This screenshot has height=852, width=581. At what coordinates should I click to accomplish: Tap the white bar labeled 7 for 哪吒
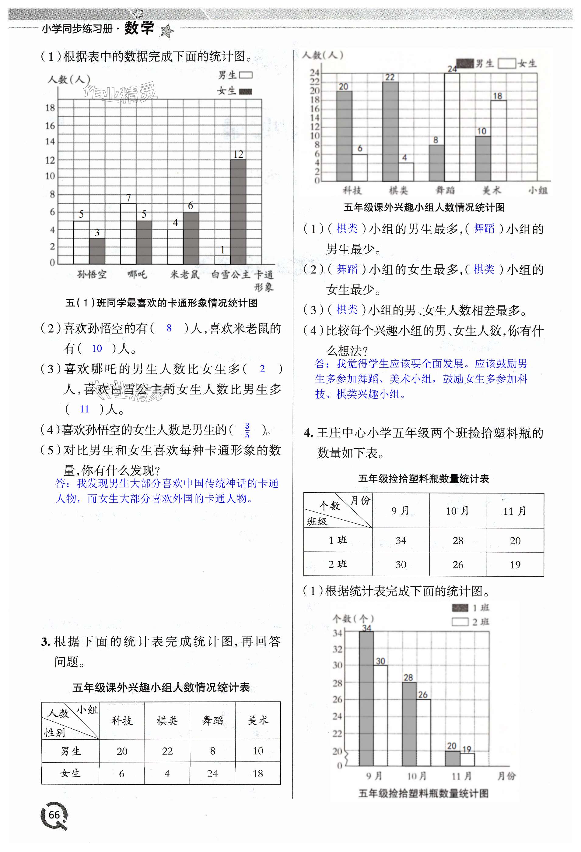pyautogui.click(x=128, y=234)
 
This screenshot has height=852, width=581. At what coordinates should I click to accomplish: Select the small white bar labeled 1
pyautogui.click(x=222, y=260)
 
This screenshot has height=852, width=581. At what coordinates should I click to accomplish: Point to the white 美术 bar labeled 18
pyautogui.click(x=499, y=140)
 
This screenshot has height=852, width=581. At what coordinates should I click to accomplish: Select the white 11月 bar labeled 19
pyautogui.click(x=467, y=759)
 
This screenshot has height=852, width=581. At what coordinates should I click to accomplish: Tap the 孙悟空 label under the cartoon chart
pyautogui.click(x=92, y=274)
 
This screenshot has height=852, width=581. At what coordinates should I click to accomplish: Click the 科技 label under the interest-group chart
pyautogui.click(x=352, y=190)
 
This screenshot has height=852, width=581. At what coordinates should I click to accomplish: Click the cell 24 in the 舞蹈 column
pyautogui.click(x=212, y=773)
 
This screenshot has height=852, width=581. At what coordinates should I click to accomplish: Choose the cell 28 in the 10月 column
pyautogui.click(x=458, y=540)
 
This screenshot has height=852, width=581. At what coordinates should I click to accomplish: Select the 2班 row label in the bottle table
pyautogui.click(x=338, y=564)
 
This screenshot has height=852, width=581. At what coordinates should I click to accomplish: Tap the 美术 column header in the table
pyautogui.click(x=258, y=720)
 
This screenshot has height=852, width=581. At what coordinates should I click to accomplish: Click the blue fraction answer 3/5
pyautogui.click(x=247, y=430)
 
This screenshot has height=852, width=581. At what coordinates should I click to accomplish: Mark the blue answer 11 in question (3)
pyautogui.click(x=85, y=409)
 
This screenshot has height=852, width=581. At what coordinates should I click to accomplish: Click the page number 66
pyautogui.click(x=54, y=815)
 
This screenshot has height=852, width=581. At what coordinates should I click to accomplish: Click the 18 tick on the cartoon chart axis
pyautogui.click(x=50, y=108)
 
